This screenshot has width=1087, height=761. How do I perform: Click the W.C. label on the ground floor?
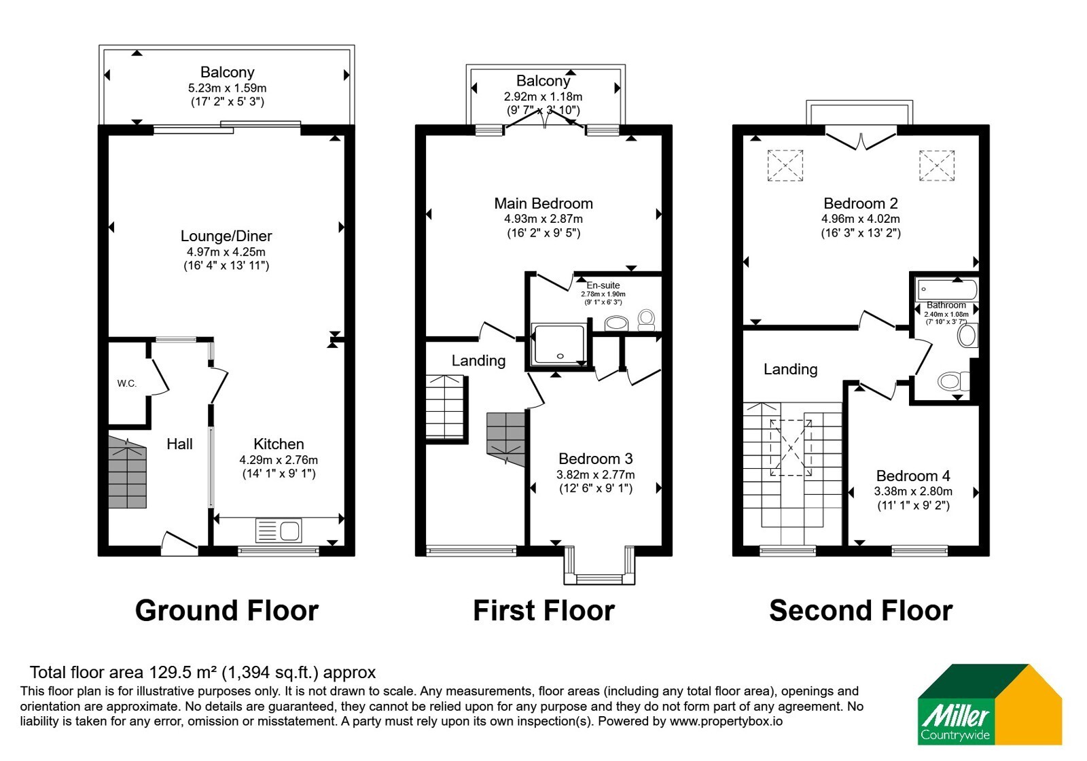(126, 383)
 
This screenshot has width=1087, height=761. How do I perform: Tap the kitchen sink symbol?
(279, 530)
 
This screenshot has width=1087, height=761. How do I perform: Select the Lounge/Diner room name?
(226, 236)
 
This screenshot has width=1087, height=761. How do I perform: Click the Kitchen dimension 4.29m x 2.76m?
(279, 459)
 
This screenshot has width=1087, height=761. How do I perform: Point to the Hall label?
(179, 444)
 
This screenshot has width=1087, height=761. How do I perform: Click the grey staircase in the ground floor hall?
(127, 472)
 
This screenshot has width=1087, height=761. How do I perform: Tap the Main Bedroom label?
(543, 203)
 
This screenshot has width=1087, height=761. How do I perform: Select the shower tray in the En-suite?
(560, 344)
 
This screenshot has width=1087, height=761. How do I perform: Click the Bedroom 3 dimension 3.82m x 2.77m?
(595, 475)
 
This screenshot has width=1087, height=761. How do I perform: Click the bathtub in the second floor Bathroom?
(946, 289)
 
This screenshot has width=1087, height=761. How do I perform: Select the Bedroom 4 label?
(913, 476)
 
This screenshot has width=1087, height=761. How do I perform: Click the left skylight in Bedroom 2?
(785, 166)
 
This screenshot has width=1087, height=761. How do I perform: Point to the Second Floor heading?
(861, 611)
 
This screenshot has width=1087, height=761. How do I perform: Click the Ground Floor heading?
(227, 611)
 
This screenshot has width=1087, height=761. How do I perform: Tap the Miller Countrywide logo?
(989, 704)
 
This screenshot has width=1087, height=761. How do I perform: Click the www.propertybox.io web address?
(726, 721)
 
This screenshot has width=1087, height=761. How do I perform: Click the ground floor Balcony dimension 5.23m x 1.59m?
(227, 88)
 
